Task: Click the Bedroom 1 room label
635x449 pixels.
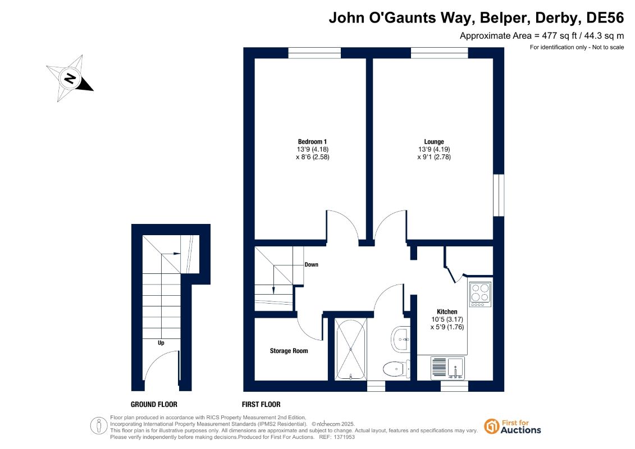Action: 312,141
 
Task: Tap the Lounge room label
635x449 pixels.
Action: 434,141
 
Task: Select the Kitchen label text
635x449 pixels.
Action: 447,311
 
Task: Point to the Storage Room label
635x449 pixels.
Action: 289,351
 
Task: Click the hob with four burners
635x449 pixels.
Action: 480,294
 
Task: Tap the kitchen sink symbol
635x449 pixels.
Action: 447,368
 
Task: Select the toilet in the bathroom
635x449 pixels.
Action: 396,369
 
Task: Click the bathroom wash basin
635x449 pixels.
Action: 400,340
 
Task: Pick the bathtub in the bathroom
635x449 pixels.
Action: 351,349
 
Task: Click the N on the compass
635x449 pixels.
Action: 71,78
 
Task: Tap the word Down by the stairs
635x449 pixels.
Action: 312,265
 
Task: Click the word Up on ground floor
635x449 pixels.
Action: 161,343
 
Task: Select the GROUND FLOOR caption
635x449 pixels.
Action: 154,405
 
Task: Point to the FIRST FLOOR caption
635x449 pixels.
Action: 261,405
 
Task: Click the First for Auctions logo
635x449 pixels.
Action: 513,427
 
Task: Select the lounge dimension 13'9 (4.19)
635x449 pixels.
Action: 434,149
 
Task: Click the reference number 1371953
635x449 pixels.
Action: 343,437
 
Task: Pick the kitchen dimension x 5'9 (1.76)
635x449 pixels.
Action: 447,327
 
